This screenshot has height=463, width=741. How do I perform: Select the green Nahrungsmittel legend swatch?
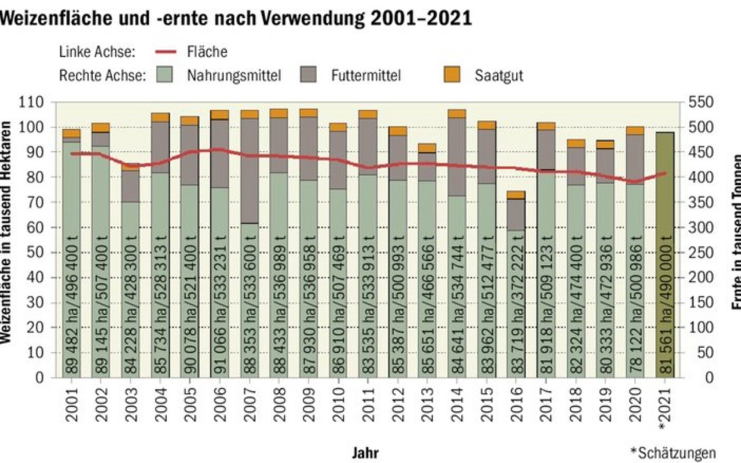(x=167, y=75)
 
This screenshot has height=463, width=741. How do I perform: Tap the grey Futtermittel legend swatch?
(x=310, y=75)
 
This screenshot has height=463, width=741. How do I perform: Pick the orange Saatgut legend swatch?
(x=452, y=75)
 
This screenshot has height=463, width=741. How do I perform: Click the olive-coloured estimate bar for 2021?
(x=665, y=255)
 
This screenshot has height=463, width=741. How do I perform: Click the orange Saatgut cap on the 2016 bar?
(x=516, y=195)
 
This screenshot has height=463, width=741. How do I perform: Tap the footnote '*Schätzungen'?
(x=673, y=453)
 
